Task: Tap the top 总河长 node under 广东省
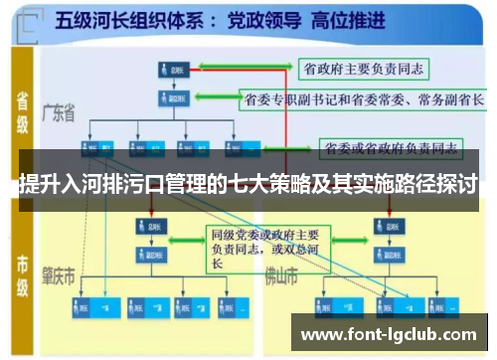click(x=169, y=69)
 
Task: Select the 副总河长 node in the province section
click(x=169, y=98)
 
